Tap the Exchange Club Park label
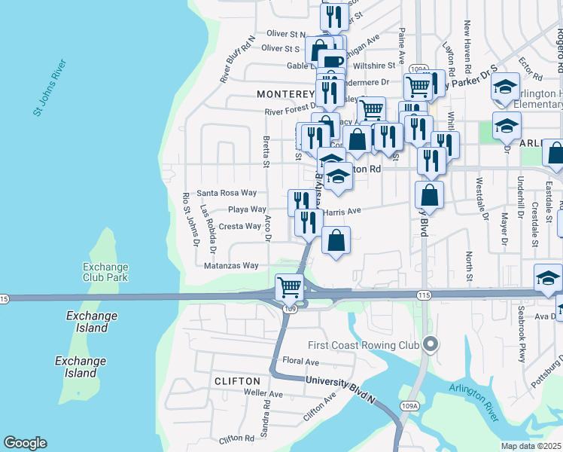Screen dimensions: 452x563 (105, 273)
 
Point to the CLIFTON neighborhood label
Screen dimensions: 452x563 (236, 381)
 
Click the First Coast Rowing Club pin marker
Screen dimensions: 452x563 (430, 345)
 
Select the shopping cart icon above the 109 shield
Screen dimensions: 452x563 (290, 286)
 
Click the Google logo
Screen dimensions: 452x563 (25, 443)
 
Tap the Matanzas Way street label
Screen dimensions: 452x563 (231, 266)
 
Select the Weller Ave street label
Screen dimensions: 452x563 (263, 394)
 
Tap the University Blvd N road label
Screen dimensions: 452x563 (341, 383)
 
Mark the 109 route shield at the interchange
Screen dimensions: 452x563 (291, 308)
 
